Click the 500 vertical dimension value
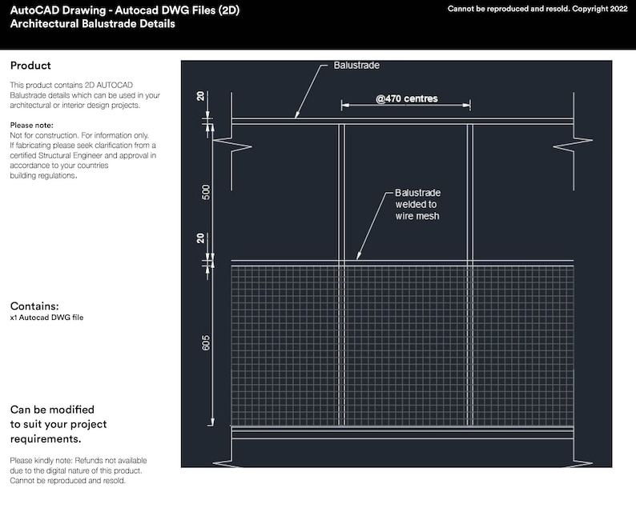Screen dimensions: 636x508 click(207, 191)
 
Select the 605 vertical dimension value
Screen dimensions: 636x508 click(207, 343)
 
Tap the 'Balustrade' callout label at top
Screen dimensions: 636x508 click(356, 66)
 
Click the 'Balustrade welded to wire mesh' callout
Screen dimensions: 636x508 click(417, 205)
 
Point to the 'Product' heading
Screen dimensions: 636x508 click(30, 66)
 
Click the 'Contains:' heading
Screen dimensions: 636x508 click(34, 306)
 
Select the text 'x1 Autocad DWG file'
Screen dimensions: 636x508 click(46, 318)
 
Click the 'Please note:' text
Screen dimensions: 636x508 click(33, 126)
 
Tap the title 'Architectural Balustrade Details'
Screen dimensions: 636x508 click(92, 24)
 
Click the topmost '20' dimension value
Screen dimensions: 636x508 click(201, 97)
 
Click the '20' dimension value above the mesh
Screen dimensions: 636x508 click(202, 238)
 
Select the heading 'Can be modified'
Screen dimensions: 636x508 click(52, 410)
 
